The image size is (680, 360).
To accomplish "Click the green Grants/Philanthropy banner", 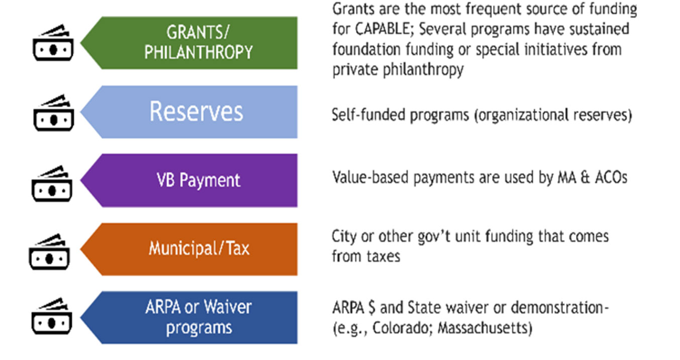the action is pos(189,43).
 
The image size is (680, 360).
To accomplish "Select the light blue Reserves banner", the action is pos(189,112).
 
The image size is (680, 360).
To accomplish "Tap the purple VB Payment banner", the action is pos(189,181).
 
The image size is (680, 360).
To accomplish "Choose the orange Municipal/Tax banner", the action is pos(189,249).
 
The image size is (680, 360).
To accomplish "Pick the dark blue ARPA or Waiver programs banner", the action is pos(189,317).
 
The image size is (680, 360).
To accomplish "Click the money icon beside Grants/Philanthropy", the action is pos(53,43).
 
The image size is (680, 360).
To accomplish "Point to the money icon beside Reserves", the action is pos(54,113).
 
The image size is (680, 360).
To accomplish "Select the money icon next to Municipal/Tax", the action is pos(49,252).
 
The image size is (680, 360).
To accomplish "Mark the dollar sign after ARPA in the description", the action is pos(371,307).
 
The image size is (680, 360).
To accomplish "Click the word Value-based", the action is pos(370,177).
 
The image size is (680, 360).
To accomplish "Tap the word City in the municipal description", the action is pos(344,237).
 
